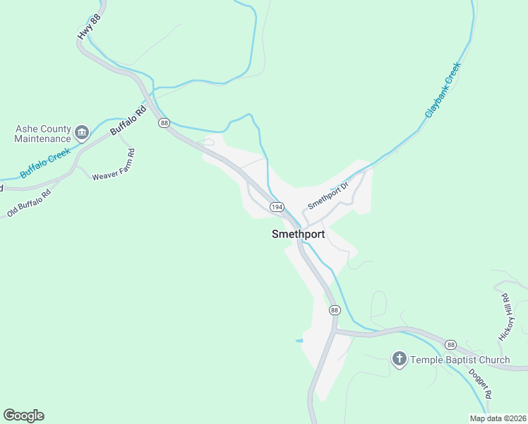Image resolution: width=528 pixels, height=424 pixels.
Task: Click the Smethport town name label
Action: point(298,235)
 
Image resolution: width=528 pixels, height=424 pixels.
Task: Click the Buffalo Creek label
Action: point(45,163)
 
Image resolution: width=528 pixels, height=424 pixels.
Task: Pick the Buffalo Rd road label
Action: point(128,121)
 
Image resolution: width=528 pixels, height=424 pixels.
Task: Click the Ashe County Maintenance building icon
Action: point(82,132)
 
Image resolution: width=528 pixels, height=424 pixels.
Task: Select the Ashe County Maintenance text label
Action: point(43,134)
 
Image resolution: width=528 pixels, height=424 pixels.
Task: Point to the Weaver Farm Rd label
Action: point(113,165)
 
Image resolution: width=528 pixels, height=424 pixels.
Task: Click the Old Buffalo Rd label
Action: point(30,203)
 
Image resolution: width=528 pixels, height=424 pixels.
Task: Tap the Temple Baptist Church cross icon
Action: point(399,360)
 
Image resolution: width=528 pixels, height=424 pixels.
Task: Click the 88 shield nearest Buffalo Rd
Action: point(164,123)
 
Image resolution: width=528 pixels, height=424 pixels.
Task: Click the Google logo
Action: point(23,416)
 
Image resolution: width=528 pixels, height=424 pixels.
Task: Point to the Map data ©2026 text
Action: point(497,418)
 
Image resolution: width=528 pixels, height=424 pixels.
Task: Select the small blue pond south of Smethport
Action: point(299,341)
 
